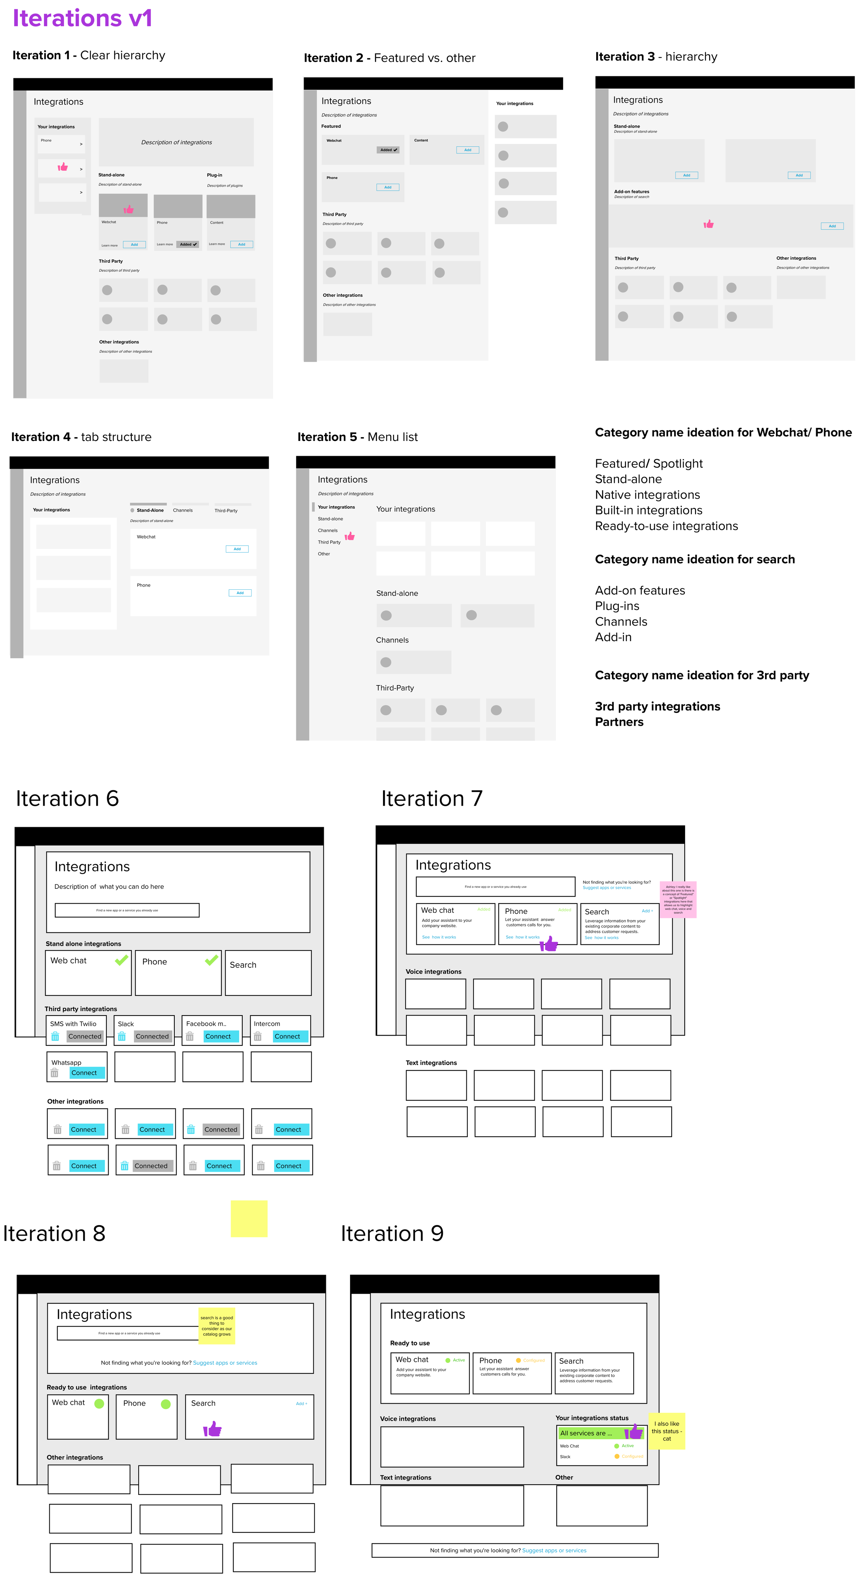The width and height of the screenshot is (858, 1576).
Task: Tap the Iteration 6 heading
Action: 67,798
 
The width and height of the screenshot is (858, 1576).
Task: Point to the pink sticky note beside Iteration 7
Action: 677,899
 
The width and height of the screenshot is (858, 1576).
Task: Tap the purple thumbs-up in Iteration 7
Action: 549,944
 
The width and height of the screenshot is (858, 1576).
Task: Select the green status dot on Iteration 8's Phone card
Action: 165,1404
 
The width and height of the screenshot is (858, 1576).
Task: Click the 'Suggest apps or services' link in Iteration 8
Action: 225,1362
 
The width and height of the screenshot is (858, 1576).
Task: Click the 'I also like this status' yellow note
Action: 666,1431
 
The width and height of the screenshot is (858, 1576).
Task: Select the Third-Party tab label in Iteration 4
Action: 226,510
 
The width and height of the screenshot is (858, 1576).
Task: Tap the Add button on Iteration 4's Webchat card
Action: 237,549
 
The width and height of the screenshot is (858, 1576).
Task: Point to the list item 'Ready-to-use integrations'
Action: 666,526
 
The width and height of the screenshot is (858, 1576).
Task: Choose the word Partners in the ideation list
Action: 619,722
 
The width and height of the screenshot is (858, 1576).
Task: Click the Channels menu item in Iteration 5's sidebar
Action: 328,531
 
